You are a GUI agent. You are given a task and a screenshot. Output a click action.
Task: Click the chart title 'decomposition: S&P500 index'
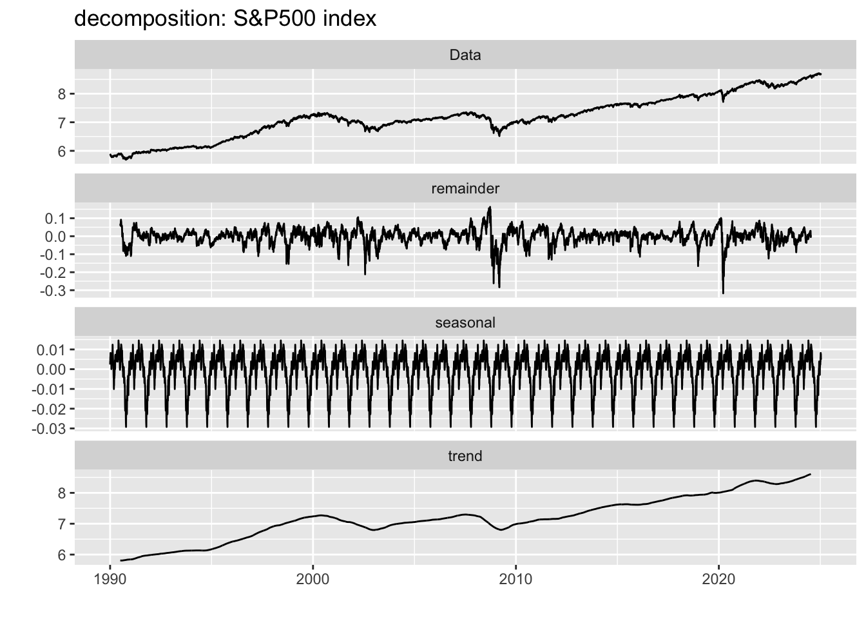(225, 19)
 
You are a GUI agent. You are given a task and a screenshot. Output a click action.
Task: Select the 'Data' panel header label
(465, 55)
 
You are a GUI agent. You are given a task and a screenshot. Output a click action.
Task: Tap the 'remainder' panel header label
(465, 188)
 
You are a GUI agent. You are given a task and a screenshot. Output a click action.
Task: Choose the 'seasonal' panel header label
(465, 322)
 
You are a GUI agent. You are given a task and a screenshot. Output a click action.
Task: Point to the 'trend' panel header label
(465, 456)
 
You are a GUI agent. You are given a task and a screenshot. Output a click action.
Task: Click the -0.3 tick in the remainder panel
(54, 291)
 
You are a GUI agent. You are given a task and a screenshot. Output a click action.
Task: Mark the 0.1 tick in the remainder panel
(57, 219)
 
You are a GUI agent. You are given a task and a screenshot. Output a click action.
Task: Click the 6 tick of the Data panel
(61, 151)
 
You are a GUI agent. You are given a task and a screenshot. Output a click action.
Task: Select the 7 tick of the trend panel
(61, 524)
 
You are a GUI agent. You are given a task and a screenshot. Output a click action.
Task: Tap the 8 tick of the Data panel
(61, 94)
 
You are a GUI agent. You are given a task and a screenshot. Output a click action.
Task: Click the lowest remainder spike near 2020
(723, 293)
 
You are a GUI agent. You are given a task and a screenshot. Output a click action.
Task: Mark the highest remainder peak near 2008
(490, 207)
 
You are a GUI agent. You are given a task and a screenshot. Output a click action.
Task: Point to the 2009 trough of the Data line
(499, 135)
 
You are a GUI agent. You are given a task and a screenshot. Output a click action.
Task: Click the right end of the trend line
(810, 475)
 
